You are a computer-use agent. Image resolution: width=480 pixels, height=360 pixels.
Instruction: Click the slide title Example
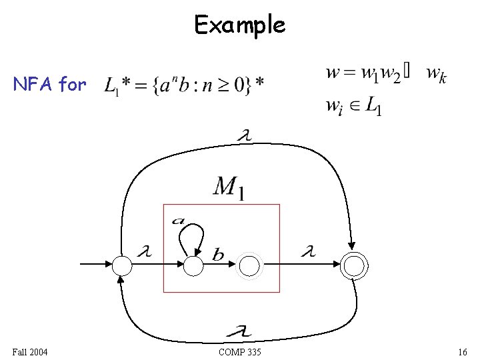239,25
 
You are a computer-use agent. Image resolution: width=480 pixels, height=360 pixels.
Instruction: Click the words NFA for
50,85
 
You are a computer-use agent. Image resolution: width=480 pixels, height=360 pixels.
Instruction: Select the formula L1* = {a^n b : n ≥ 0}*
184,85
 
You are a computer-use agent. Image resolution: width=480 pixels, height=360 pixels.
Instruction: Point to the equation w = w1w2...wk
386,74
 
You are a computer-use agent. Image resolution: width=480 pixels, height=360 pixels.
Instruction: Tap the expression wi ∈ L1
354,107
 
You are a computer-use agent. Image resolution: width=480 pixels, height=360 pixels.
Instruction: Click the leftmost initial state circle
123,266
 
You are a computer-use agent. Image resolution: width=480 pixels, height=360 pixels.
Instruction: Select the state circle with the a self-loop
193,266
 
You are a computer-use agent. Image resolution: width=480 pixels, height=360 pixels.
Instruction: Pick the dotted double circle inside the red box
249,266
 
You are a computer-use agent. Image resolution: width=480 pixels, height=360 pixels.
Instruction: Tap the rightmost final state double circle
354,266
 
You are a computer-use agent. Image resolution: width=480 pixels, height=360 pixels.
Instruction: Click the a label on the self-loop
179,221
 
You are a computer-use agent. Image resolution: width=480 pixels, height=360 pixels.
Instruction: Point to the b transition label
218,254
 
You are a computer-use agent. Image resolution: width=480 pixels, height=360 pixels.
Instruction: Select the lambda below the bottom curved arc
241,330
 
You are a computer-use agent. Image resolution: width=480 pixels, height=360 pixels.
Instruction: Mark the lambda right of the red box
307,252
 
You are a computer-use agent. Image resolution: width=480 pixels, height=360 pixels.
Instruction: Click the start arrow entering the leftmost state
97,265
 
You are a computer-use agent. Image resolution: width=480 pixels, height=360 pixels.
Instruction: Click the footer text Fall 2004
29,351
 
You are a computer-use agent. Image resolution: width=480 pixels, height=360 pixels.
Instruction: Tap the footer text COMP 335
239,351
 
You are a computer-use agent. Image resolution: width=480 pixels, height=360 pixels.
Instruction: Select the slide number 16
463,351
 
